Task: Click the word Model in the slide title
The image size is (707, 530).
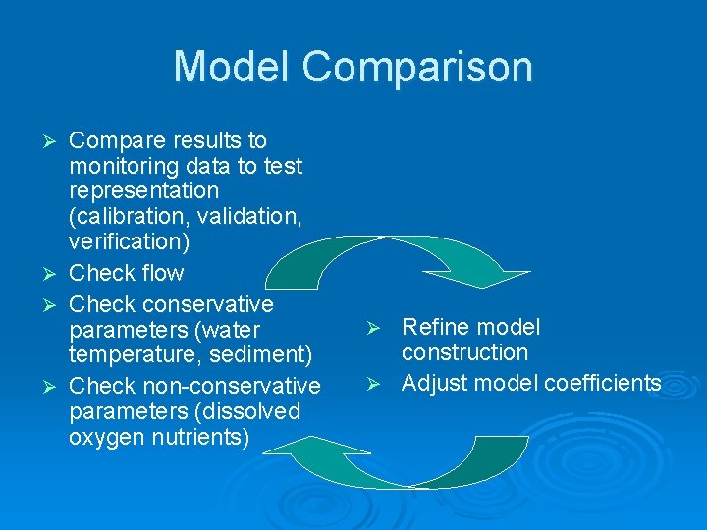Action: (232, 67)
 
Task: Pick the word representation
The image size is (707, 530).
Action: (143, 190)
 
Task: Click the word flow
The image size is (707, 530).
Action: (162, 272)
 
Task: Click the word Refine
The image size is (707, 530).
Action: (436, 327)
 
